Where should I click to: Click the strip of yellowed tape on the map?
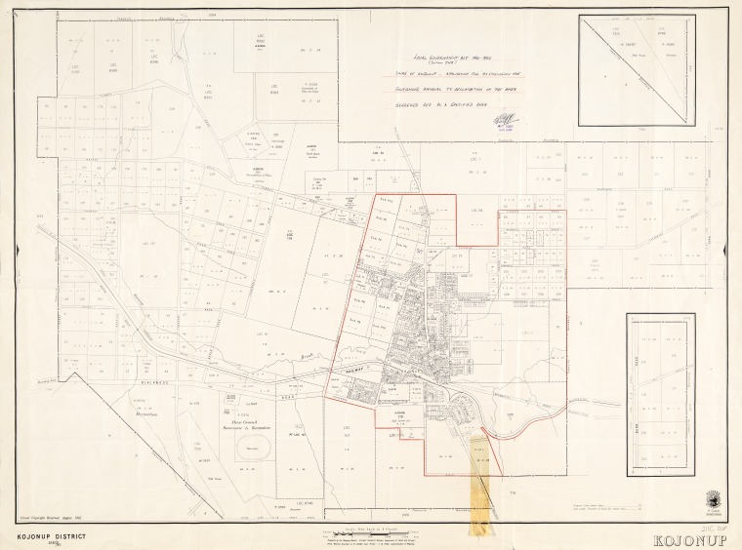481,468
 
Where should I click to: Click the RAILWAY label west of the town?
346,371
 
